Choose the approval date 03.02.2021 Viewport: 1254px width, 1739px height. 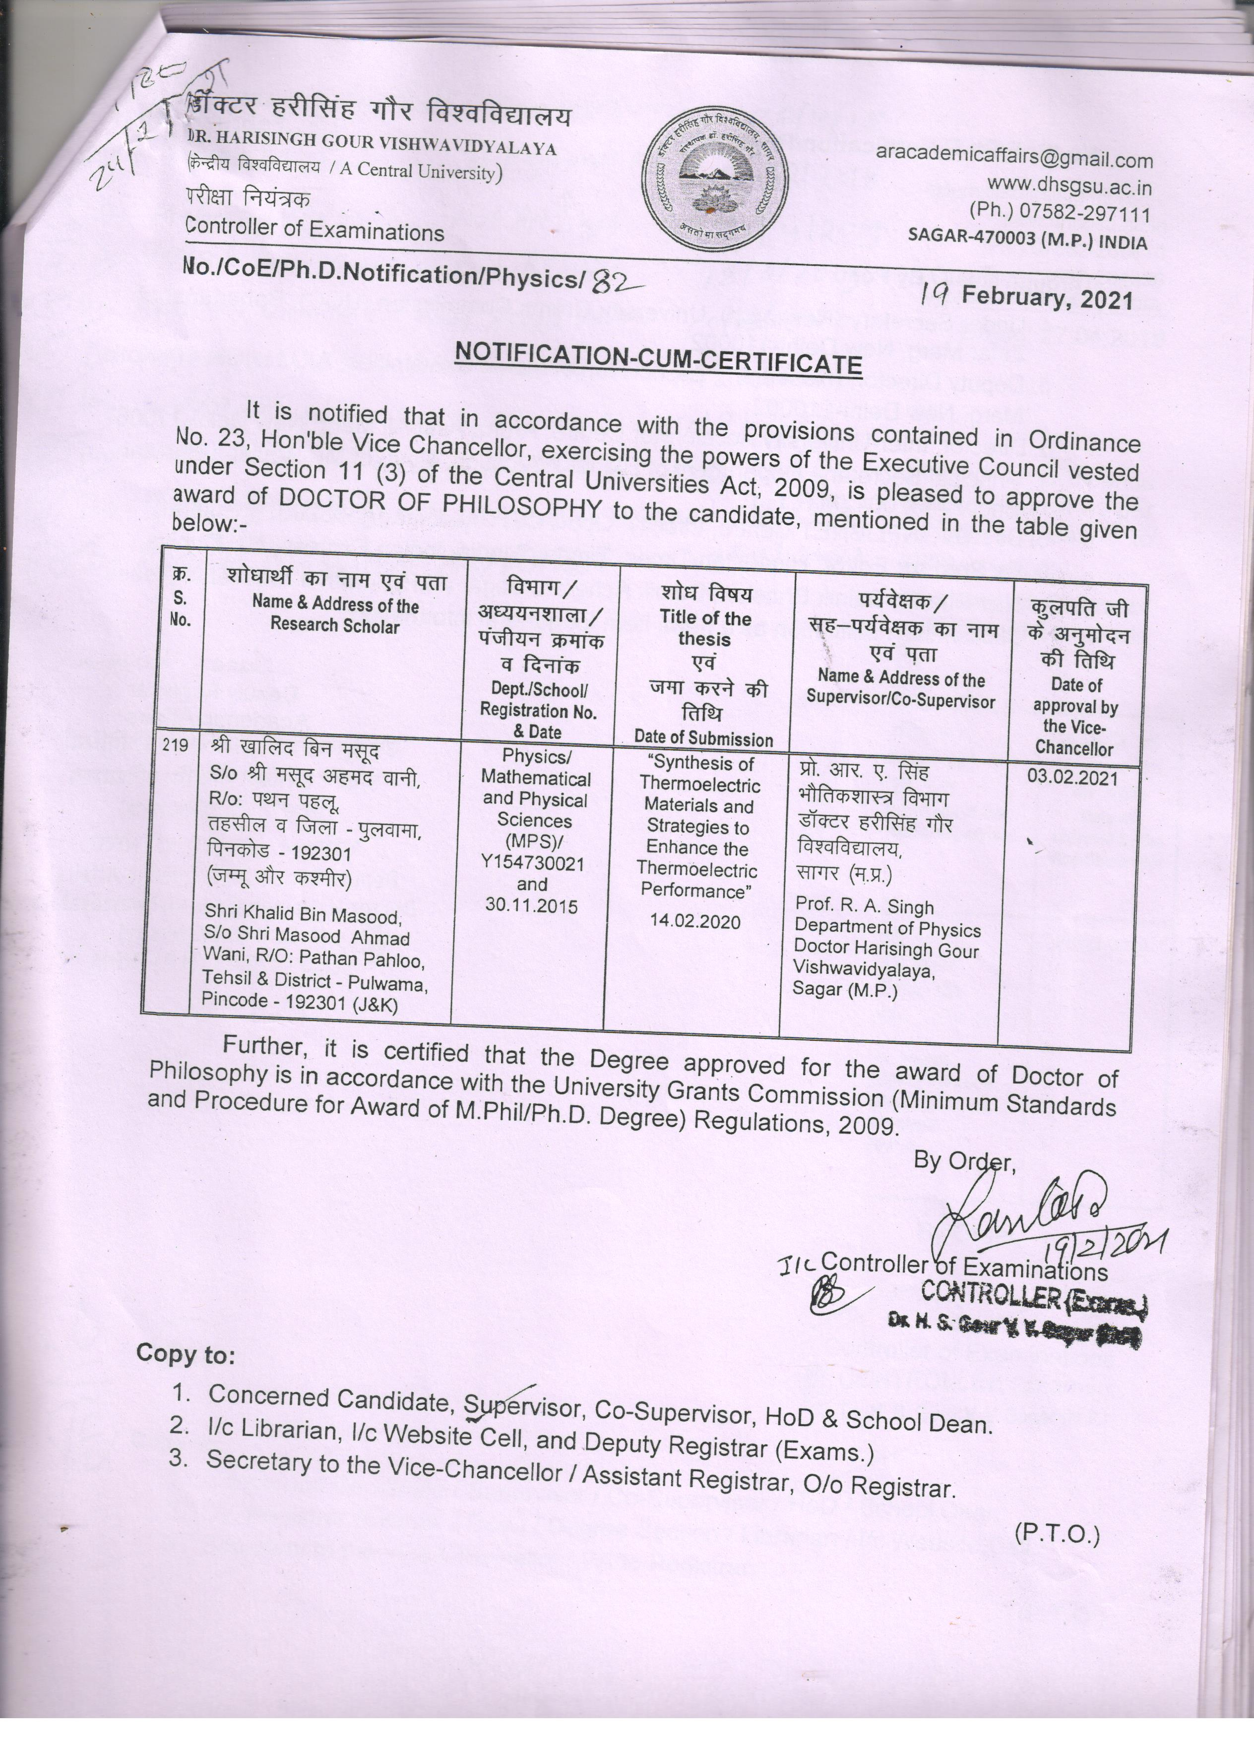(1072, 778)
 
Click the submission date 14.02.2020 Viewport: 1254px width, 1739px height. (695, 921)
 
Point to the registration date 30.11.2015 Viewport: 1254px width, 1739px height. (532, 905)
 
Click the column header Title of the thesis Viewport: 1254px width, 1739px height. (704, 628)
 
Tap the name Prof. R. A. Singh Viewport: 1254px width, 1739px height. (865, 907)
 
